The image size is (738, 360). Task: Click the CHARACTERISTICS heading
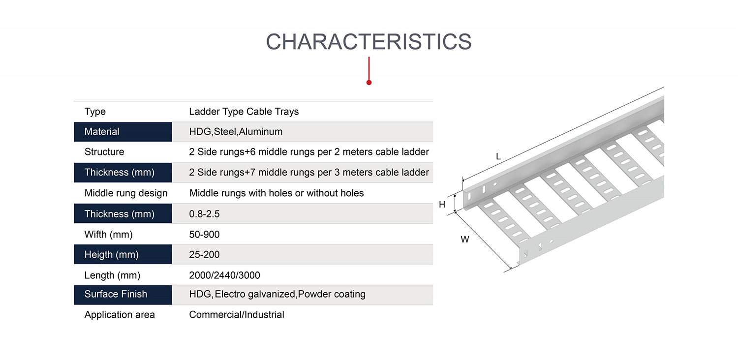click(x=369, y=42)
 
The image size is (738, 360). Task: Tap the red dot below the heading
click(x=369, y=82)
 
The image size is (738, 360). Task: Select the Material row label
click(x=102, y=132)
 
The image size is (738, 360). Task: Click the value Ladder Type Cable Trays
click(x=244, y=112)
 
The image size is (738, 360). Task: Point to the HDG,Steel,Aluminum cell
click(x=236, y=132)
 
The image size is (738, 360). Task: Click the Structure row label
click(x=104, y=152)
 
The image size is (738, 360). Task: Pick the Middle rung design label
click(x=126, y=193)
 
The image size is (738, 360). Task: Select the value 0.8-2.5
click(x=204, y=214)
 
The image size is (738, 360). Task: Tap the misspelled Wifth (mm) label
click(x=108, y=235)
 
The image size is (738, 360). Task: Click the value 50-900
click(x=204, y=235)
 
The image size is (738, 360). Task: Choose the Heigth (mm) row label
click(x=111, y=255)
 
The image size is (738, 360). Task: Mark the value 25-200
click(x=204, y=255)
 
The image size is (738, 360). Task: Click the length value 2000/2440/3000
click(x=224, y=275)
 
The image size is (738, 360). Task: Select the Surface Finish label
click(x=116, y=294)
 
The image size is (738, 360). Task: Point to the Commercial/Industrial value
click(x=237, y=315)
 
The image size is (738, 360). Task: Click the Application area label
click(x=120, y=315)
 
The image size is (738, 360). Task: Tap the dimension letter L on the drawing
click(x=498, y=156)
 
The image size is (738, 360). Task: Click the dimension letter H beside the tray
click(x=442, y=205)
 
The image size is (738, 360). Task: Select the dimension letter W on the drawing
click(x=465, y=240)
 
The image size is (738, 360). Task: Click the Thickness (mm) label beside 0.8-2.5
click(x=120, y=214)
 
